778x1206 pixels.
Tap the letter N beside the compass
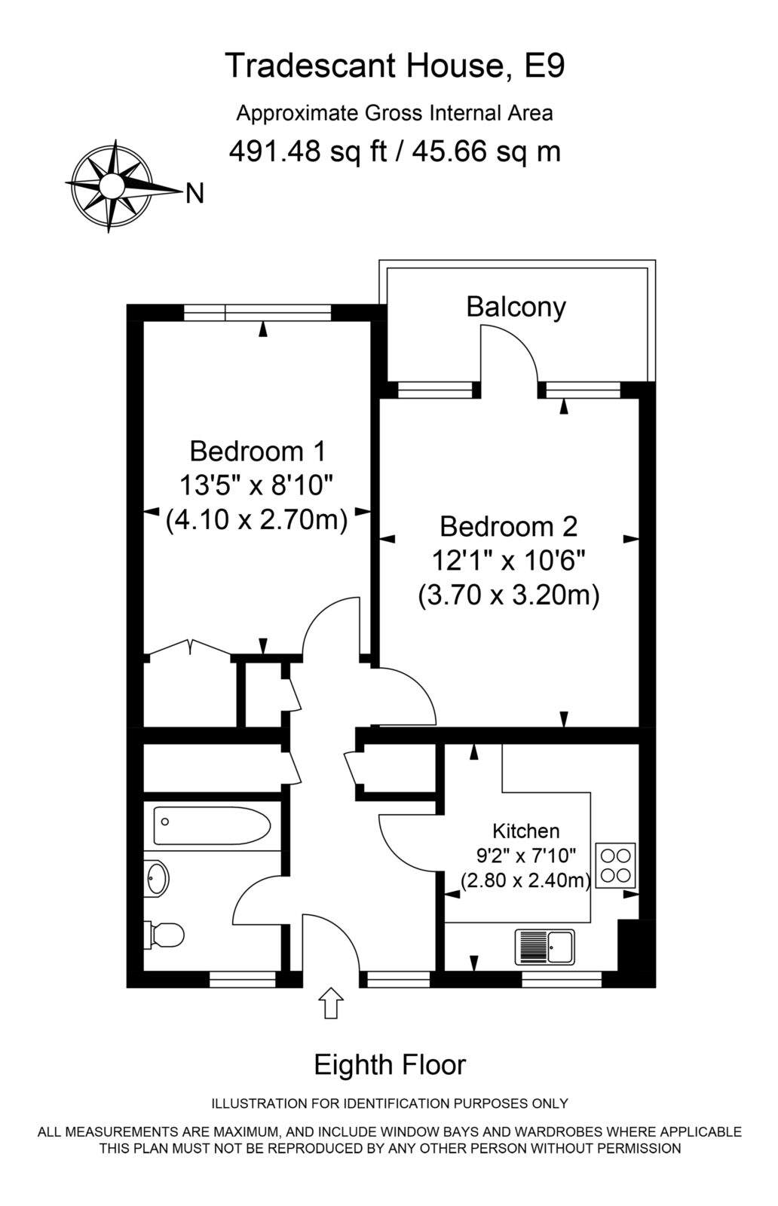[195, 194]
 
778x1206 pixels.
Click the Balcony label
[516, 307]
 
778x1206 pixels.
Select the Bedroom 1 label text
[257, 451]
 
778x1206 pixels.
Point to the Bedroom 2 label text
[508, 526]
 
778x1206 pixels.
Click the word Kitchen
[526, 831]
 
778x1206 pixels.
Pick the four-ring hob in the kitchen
[615, 866]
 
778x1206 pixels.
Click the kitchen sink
[545, 947]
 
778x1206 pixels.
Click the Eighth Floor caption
[390, 1064]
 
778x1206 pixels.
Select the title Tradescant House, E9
[395, 66]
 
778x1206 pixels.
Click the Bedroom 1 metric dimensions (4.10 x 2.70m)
[257, 521]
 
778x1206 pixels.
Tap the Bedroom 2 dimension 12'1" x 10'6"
[508, 562]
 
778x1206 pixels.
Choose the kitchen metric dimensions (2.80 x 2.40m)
[526, 880]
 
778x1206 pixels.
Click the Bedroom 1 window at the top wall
[257, 312]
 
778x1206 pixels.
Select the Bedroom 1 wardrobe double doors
[191, 647]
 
